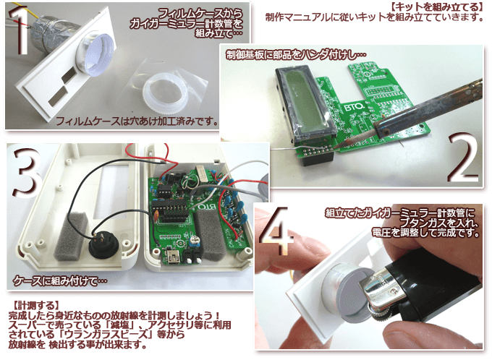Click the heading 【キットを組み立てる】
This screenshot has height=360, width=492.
click(x=437, y=7)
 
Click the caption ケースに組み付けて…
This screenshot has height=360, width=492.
click(x=59, y=280)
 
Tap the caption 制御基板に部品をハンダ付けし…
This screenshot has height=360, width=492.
click(x=296, y=55)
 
